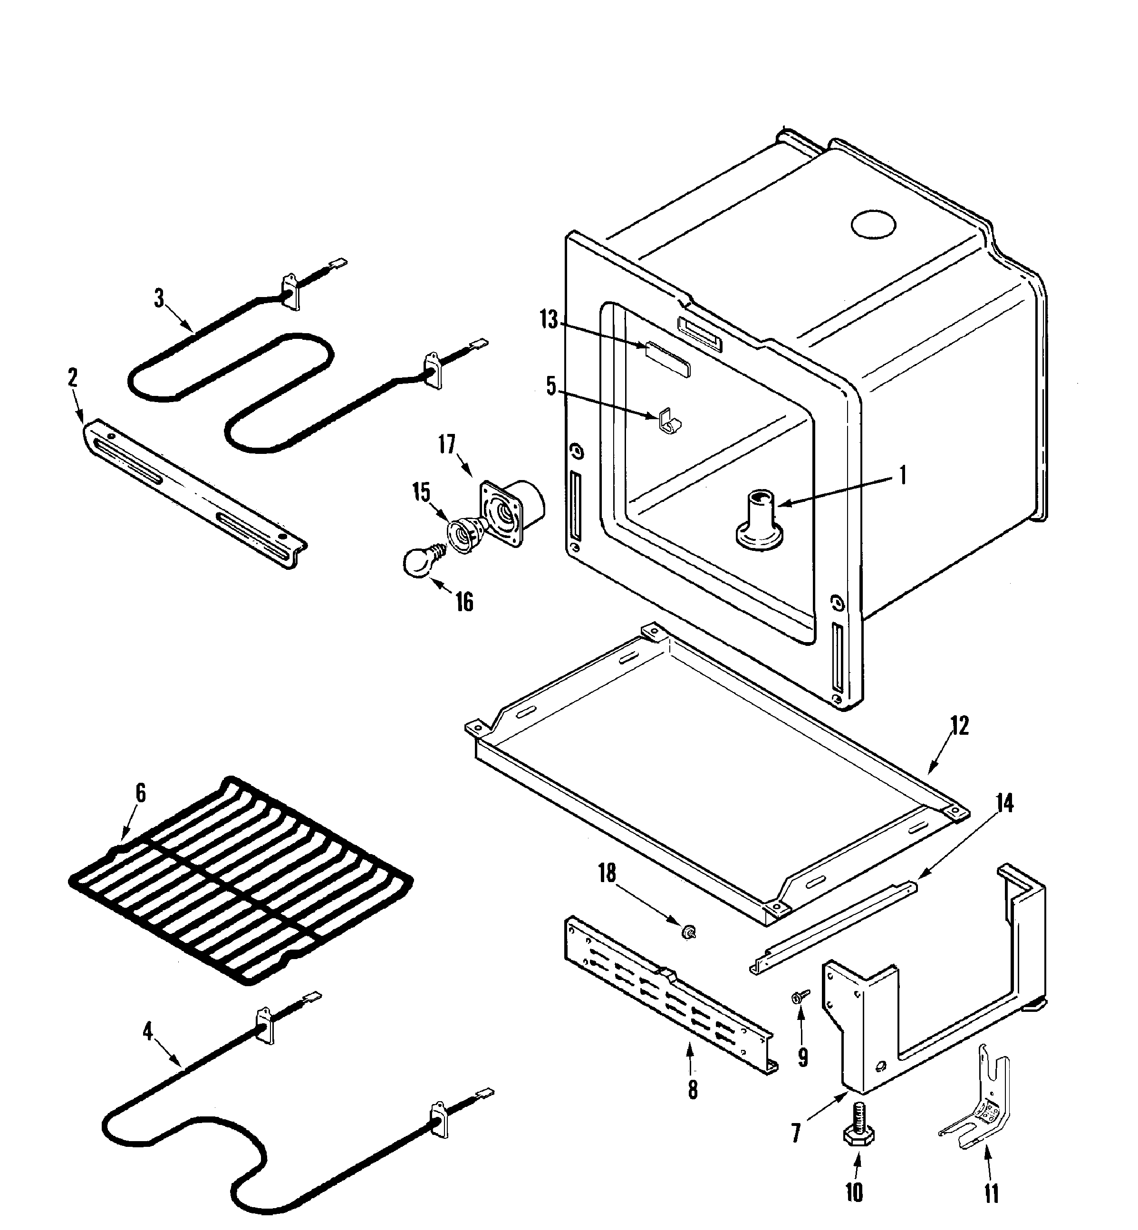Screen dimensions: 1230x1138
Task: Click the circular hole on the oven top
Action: click(x=873, y=225)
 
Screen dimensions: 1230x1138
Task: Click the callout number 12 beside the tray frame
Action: click(x=959, y=726)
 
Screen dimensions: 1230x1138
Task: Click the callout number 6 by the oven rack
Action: click(x=140, y=794)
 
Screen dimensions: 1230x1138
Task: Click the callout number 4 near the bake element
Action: click(x=148, y=1032)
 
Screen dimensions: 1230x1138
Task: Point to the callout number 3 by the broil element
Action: click(x=159, y=298)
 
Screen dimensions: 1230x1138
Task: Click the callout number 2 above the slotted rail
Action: click(x=73, y=377)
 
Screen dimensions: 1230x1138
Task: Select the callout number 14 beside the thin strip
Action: click(x=1004, y=803)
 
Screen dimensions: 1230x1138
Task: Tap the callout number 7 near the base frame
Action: click(x=796, y=1133)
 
